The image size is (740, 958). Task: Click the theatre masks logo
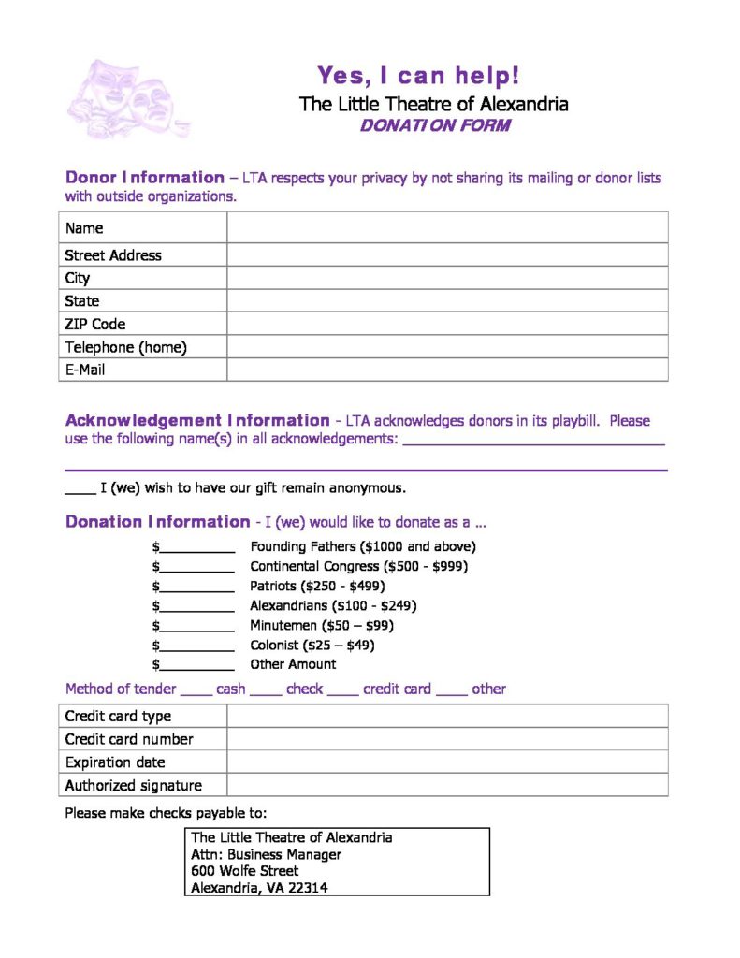(x=128, y=98)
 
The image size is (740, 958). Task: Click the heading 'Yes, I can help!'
(x=417, y=75)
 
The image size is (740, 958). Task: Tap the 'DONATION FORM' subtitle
(x=434, y=125)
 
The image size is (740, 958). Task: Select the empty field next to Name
(x=447, y=227)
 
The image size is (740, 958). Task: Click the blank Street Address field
(x=447, y=254)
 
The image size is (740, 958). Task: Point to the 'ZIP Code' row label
(x=95, y=324)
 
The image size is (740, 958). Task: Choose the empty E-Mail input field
(x=447, y=370)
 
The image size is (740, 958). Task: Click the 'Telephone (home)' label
(x=126, y=347)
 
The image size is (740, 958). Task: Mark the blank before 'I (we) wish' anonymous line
(x=80, y=488)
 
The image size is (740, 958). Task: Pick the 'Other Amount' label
(x=293, y=664)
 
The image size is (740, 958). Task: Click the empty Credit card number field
(x=447, y=739)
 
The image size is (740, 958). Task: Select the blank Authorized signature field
(x=447, y=785)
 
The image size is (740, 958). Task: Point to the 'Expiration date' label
(x=115, y=762)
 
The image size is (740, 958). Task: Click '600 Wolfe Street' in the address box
(x=245, y=870)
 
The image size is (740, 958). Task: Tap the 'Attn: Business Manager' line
(x=267, y=854)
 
